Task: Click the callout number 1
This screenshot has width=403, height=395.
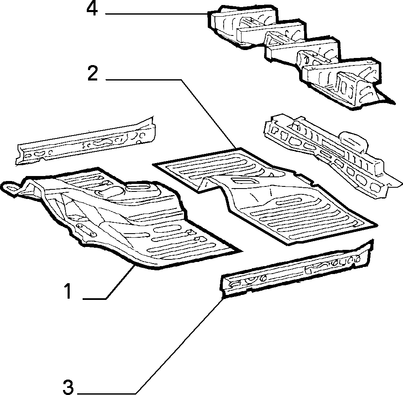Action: coord(68,291)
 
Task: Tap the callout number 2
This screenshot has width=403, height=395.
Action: coord(93,73)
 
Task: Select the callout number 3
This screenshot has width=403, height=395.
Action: coord(68,387)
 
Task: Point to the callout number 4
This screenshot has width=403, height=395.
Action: coord(92,9)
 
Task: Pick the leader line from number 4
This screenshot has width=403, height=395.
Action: coord(156,14)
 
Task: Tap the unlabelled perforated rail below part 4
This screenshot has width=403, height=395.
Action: coord(332,154)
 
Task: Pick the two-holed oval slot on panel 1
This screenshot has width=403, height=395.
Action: coord(86,229)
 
